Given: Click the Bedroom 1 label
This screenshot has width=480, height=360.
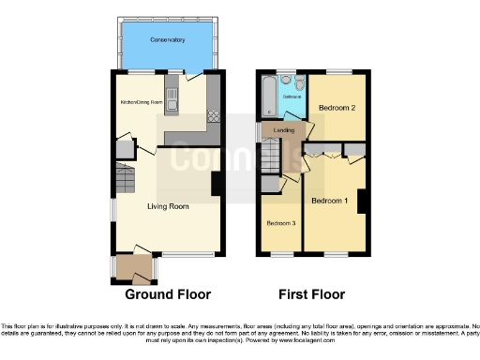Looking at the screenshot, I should click(330, 201).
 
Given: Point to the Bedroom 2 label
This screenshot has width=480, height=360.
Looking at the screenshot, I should click(337, 108).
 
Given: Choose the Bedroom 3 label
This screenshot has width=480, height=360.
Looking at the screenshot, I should click(281, 223).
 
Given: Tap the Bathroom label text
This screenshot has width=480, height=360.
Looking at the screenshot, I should click(292, 96).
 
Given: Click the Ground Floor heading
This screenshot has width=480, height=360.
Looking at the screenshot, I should click(168, 293).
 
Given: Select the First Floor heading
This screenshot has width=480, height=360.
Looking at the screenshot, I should click(313, 293).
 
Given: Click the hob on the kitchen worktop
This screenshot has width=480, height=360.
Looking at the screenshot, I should click(213, 116).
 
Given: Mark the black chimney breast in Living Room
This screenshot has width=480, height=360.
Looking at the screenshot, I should click(217, 183).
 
